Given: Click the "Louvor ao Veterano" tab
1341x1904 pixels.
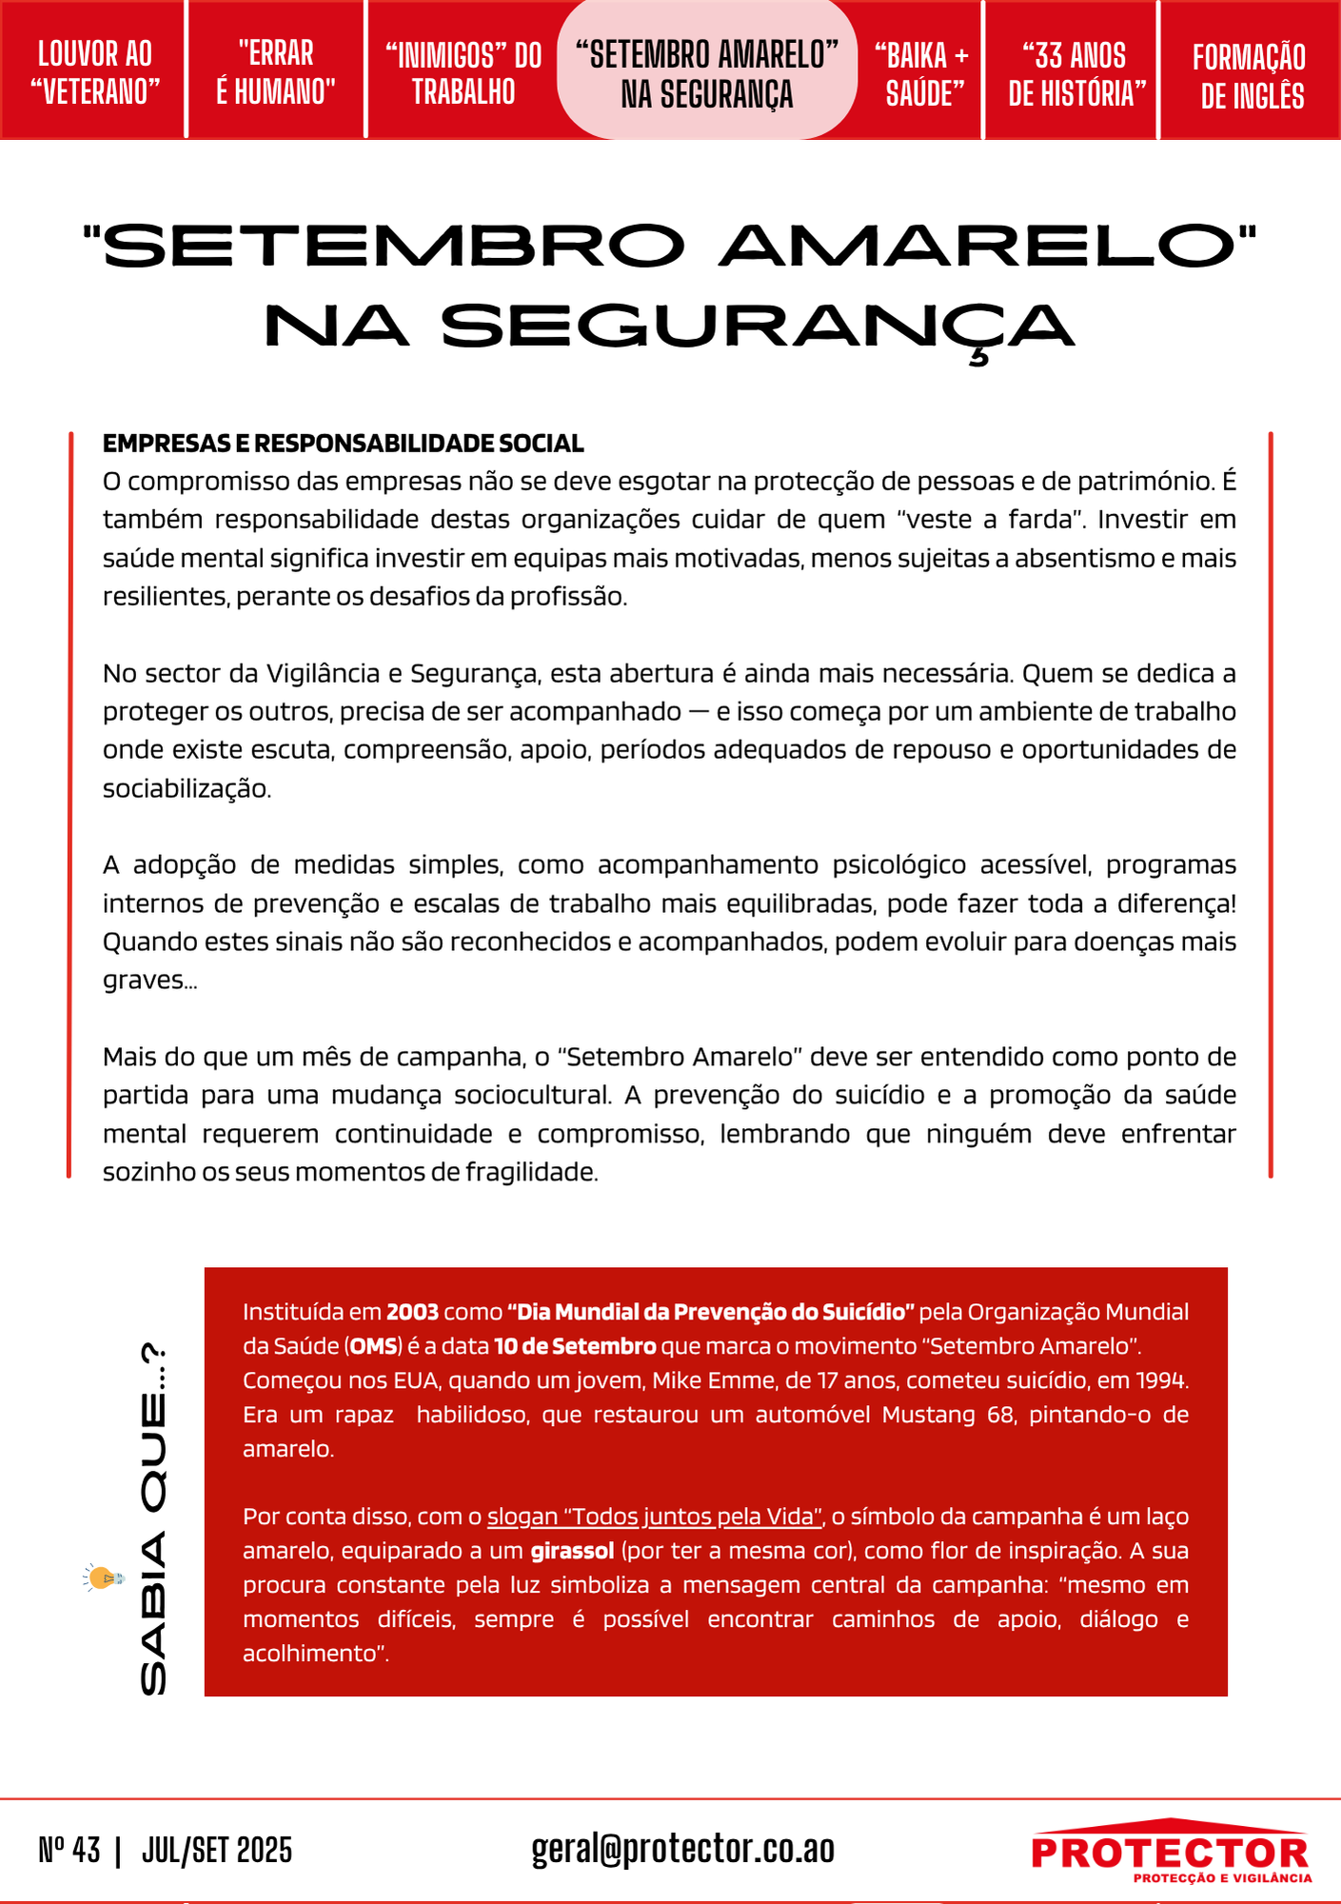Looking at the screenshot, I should (94, 72).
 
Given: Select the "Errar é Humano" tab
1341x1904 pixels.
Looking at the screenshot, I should (276, 72).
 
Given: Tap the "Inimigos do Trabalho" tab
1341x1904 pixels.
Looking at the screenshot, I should (463, 72).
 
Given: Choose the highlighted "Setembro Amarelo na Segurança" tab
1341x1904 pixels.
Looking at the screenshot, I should (707, 72).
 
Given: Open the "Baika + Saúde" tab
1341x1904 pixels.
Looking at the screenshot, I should (921, 73).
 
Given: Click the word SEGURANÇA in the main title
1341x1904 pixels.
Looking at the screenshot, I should (758, 327).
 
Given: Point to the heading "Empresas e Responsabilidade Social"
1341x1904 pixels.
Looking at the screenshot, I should (343, 444).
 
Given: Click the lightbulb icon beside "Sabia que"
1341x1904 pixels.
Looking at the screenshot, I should (104, 1577).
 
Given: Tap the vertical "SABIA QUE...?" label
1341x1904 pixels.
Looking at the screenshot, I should (153, 1519).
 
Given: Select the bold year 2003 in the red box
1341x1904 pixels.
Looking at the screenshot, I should (412, 1312).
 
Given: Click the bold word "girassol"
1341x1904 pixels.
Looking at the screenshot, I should (572, 1551).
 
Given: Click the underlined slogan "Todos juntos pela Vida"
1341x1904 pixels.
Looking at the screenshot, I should (655, 1517).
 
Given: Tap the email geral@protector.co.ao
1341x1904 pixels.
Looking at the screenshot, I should (682, 1849).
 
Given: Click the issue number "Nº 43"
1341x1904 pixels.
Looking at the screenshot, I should (69, 1850).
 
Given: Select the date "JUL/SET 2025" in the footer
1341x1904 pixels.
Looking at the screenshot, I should (217, 1850).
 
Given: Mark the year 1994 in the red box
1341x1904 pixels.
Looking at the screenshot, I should (1160, 1380).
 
